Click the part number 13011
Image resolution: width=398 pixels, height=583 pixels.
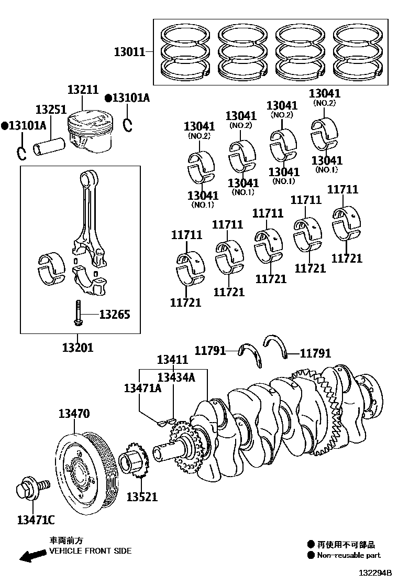pyautogui.click(x=130, y=52)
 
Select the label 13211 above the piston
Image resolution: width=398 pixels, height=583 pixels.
pyautogui.click(x=82, y=90)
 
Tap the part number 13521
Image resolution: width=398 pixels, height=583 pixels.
pyautogui.click(x=141, y=496)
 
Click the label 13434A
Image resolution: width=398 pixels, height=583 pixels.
pyautogui.click(x=176, y=377)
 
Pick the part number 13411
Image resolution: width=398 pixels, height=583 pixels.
pyautogui.click(x=172, y=360)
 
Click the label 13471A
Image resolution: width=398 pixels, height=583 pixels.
pyautogui.click(x=142, y=388)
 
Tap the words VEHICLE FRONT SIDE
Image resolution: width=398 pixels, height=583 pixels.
pyautogui.click(x=90, y=551)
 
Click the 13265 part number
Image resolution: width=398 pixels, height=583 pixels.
pyautogui.click(x=114, y=315)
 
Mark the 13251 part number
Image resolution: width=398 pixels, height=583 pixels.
pyautogui.click(x=51, y=110)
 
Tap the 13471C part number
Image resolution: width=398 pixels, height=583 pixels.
pyautogui.click(x=36, y=520)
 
